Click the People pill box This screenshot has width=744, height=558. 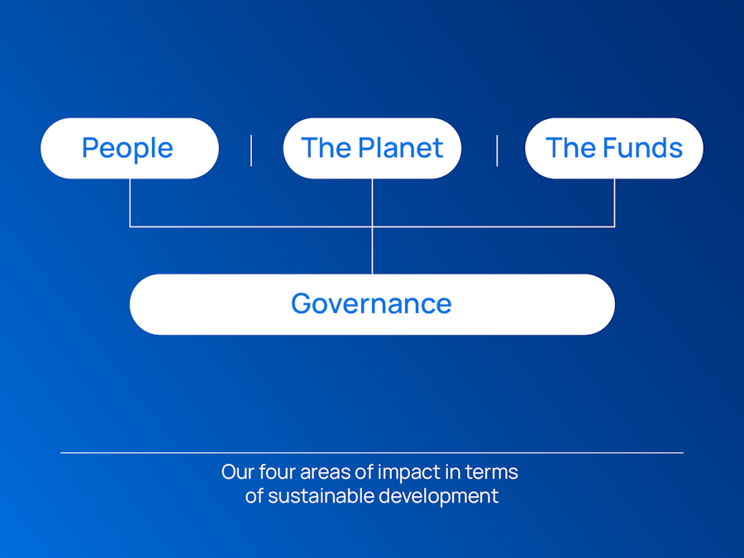coord(130,148)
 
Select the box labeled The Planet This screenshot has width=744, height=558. coord(372,148)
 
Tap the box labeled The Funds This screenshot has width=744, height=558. coord(614,148)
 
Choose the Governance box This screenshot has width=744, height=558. coord(372,304)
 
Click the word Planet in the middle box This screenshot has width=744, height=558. coord(400,148)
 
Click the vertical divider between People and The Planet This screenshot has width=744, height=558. coord(251,150)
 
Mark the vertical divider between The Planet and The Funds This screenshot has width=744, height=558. coord(497,150)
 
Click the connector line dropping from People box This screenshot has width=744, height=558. coord(130,203)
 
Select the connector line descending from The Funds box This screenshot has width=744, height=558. coord(614,203)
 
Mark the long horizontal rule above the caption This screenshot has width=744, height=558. coord(372,453)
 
